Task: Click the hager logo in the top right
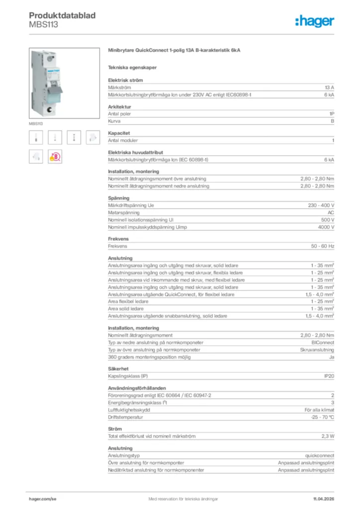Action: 315,20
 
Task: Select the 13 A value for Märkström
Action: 329,87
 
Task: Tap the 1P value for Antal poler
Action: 331,114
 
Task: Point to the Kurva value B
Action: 332,121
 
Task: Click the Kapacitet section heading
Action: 119,133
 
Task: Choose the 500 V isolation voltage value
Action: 326,220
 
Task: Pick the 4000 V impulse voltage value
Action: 325,227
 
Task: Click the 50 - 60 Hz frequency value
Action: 322,246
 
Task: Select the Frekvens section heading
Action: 118,239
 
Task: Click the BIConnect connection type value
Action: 323,342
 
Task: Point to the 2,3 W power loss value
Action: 327,436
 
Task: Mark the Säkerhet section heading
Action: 118,369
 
